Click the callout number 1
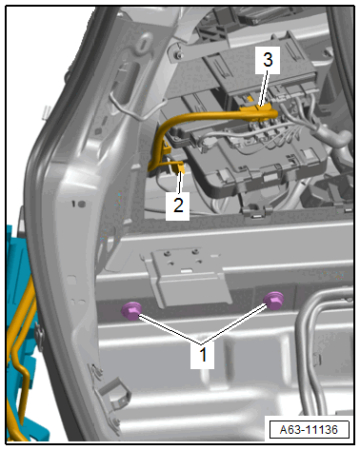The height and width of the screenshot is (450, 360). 203,355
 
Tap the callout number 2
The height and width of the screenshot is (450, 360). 178,205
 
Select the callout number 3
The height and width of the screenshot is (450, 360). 269,59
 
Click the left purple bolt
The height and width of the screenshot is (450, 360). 131,311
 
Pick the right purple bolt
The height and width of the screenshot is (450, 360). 273,301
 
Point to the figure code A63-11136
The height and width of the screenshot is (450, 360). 309,430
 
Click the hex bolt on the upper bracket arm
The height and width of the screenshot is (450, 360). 179,56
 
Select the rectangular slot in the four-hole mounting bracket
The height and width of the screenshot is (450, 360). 188,270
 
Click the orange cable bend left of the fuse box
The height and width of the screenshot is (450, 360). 159,140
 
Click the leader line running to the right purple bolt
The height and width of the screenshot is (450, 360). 234,323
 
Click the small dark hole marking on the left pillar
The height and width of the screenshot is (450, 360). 78,204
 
